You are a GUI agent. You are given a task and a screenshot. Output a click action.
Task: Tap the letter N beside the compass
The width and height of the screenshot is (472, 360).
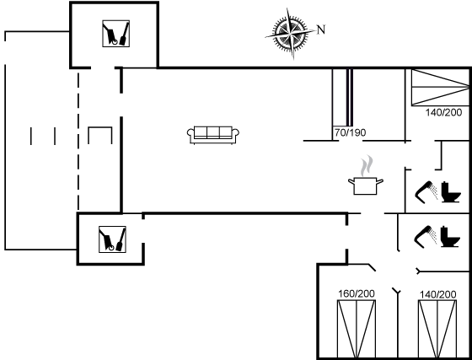coord(321,30)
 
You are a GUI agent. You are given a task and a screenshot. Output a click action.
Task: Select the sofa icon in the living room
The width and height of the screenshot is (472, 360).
coord(213,135)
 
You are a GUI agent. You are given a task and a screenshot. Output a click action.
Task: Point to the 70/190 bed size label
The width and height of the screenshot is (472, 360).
coord(351,132)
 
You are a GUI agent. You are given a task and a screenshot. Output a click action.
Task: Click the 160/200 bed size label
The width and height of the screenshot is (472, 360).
coord(357,293)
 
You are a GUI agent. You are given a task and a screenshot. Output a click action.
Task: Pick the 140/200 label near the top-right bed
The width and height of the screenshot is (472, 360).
coord(443,113)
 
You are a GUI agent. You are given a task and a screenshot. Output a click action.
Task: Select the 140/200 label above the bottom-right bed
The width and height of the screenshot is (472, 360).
coord(438,294)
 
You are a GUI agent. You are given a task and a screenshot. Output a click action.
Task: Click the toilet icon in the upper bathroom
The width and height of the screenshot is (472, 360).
coord(451,192)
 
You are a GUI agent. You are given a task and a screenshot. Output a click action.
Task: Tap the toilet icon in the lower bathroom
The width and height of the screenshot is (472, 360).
coord(450,237)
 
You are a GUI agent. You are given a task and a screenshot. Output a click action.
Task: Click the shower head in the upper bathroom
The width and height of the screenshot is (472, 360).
coord(426,192)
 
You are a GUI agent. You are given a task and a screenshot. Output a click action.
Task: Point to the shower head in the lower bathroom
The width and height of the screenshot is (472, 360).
coord(426,237)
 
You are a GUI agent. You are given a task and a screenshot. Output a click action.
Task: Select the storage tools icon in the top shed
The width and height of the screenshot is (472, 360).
coord(116,34)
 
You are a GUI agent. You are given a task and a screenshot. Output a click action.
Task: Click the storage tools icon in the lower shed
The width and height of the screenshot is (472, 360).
coord(112,239)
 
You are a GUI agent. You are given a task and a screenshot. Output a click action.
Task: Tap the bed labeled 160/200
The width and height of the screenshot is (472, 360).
coord(357,329)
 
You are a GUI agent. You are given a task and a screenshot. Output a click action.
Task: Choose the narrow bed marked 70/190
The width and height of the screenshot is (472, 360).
coord(342,97)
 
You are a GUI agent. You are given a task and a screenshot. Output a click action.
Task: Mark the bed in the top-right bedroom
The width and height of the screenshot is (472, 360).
coord(440,88)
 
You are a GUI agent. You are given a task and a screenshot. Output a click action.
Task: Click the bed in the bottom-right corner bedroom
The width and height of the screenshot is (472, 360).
coord(437,329)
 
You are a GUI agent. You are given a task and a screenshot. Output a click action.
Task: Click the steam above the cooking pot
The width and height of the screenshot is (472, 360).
coord(367,165)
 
